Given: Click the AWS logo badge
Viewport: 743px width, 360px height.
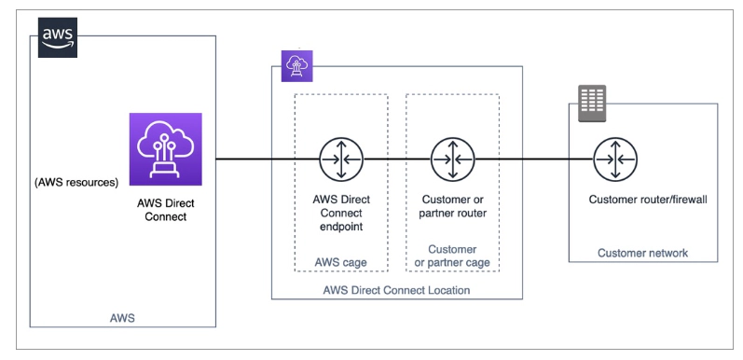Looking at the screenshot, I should click(x=57, y=37).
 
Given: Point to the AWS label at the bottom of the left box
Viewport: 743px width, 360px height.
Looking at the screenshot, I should click(x=122, y=318).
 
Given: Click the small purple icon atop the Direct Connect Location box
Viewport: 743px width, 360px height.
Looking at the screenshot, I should click(x=297, y=63).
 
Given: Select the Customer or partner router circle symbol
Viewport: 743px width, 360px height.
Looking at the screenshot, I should click(x=451, y=159).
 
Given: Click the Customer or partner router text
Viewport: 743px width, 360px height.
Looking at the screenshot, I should click(x=451, y=207).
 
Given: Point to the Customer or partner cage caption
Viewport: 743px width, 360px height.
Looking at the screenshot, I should click(x=451, y=256).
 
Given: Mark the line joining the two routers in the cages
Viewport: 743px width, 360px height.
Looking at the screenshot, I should click(x=395, y=159).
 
